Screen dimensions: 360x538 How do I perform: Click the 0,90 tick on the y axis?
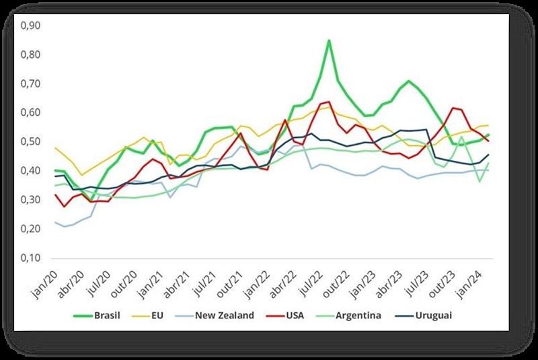pos(32,26)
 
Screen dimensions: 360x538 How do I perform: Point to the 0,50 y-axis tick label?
pos(32,142)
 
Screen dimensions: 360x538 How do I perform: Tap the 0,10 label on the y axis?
pos(32,258)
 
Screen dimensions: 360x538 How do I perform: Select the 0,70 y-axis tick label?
pos(32,84)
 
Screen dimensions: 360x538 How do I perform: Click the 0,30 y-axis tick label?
pos(32,201)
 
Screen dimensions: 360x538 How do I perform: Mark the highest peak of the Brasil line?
pos(329,40)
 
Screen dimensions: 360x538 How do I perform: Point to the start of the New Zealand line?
pos(56,223)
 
